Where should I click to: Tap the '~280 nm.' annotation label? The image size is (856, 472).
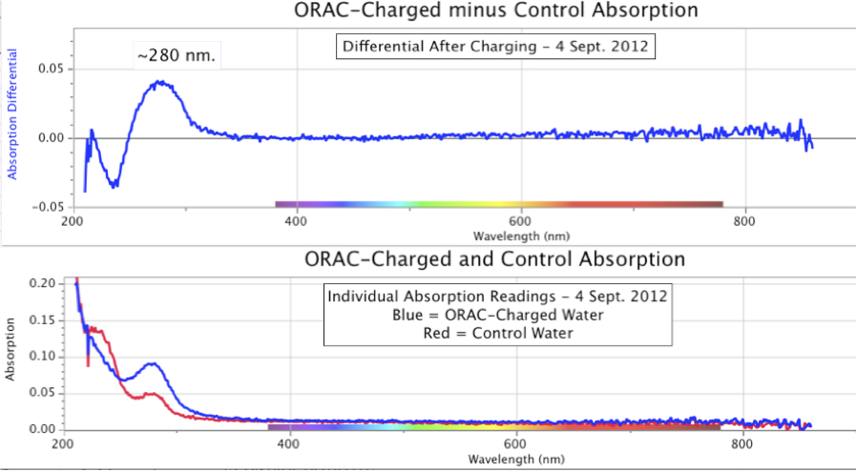(x=177, y=56)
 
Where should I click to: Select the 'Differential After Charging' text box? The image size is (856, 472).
(x=494, y=45)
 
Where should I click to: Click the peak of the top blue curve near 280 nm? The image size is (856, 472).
(x=163, y=82)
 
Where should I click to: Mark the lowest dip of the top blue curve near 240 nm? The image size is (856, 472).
(x=115, y=186)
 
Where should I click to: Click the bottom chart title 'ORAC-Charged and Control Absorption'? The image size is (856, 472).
(x=494, y=259)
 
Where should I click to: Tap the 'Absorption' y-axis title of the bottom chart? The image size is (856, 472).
(x=10, y=356)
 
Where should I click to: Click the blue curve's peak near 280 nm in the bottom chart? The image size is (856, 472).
(x=153, y=363)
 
